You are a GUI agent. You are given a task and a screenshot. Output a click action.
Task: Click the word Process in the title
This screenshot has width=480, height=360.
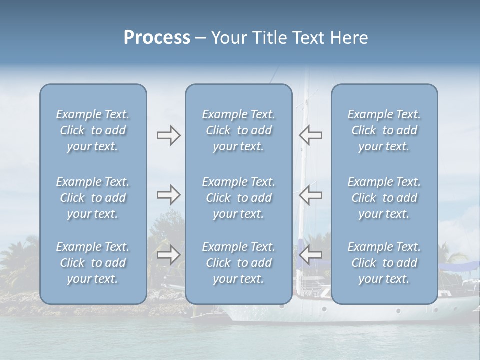[x=157, y=38]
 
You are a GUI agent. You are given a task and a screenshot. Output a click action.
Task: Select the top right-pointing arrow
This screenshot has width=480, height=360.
[x=168, y=135]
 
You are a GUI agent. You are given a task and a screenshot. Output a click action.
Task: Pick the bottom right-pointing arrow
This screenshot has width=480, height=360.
[x=168, y=255]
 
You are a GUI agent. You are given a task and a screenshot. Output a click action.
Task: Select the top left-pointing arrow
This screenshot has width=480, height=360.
[x=311, y=135]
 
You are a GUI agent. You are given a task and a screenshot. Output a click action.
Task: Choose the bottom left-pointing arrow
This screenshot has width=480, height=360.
[x=311, y=255]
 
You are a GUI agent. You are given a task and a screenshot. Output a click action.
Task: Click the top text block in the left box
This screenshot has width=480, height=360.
[x=93, y=130]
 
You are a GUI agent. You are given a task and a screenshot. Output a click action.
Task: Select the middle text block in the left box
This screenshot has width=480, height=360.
[x=93, y=198]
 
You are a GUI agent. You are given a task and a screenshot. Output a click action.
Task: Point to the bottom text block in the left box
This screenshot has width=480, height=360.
[x=93, y=263]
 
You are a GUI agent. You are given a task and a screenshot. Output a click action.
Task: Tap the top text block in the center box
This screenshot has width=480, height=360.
[x=239, y=130]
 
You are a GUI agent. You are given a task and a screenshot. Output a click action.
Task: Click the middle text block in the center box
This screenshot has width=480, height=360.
[x=239, y=198]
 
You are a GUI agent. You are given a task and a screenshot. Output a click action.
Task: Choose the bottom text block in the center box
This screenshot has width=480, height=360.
[x=239, y=263]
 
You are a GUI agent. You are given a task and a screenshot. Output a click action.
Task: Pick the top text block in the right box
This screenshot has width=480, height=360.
[x=384, y=130]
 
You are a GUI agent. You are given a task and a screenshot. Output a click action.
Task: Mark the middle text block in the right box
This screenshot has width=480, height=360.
[x=384, y=198]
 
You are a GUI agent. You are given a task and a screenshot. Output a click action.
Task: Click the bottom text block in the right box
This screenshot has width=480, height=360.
[x=384, y=263]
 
